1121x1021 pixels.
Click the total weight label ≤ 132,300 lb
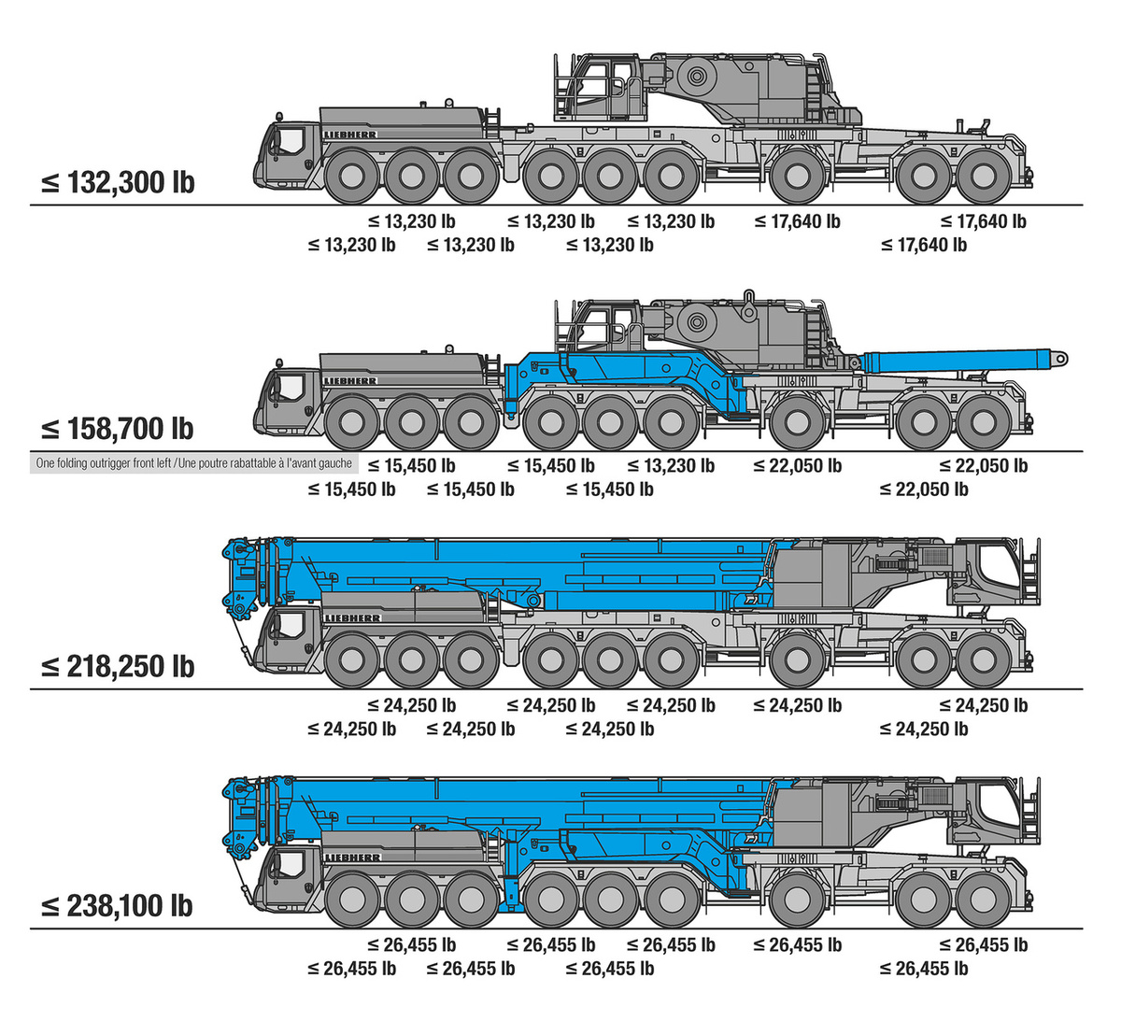tap(118, 182)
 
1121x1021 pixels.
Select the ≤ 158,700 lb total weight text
tap(118, 429)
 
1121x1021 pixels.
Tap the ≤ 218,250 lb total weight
tap(118, 666)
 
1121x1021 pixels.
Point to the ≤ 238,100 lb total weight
tap(117, 906)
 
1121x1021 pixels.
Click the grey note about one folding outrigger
tap(194, 463)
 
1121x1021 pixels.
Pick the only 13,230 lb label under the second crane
tap(671, 465)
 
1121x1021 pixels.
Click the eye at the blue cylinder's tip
tap(1059, 359)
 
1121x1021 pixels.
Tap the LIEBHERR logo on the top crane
tap(350, 135)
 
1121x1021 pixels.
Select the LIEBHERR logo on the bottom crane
tap(352, 858)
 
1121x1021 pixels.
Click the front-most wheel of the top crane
tap(352, 177)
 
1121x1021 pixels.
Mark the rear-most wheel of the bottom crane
tap(984, 900)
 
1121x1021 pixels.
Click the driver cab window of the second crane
tap(289, 386)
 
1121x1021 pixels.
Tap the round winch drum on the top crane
tap(697, 76)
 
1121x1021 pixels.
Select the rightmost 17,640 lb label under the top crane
tap(984, 221)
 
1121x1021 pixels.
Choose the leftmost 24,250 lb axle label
tap(351, 729)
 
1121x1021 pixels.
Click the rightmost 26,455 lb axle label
tap(984, 944)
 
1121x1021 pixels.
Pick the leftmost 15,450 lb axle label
tap(351, 489)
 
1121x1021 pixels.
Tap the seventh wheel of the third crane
tap(798, 660)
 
